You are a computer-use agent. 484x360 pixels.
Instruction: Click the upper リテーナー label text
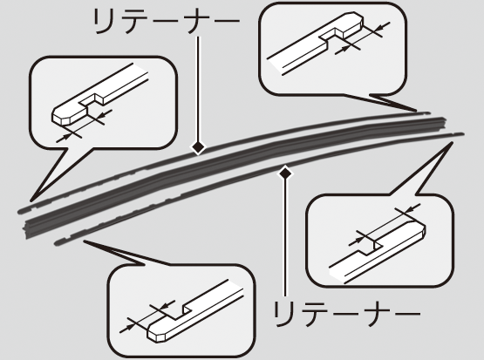167,21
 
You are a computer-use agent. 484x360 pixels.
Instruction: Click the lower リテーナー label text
346,314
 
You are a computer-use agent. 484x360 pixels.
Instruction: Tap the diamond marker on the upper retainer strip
198,147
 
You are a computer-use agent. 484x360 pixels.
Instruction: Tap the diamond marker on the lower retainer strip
285,173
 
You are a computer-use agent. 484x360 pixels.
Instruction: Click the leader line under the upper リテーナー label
198,89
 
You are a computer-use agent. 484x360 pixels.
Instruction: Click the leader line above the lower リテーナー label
285,238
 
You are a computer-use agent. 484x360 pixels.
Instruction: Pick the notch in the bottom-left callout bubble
180,312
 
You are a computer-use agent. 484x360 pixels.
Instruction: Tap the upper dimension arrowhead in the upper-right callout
383,26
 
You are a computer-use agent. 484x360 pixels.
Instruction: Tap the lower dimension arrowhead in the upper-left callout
64,139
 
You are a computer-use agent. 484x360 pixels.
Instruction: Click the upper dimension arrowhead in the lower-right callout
412,208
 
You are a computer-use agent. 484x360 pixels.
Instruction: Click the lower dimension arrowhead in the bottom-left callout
127,329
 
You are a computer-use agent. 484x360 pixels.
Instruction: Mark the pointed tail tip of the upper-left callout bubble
31,200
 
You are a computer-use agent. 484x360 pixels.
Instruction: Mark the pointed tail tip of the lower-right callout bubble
453,142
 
